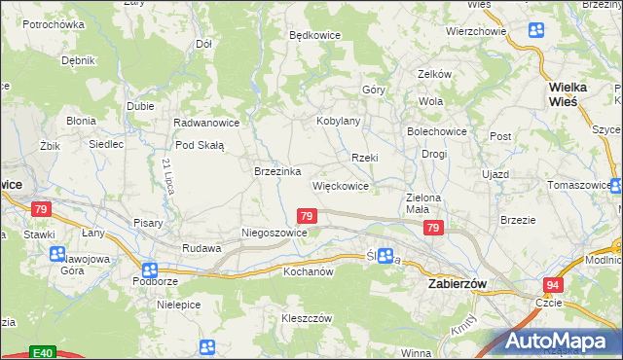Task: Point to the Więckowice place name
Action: [340, 185]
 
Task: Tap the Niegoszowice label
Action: [275, 234]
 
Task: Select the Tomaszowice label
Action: [581, 185]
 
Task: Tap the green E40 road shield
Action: [41, 352]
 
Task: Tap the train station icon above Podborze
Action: [149, 270]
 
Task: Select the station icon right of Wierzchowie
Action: [535, 29]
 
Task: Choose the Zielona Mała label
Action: [423, 202]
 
